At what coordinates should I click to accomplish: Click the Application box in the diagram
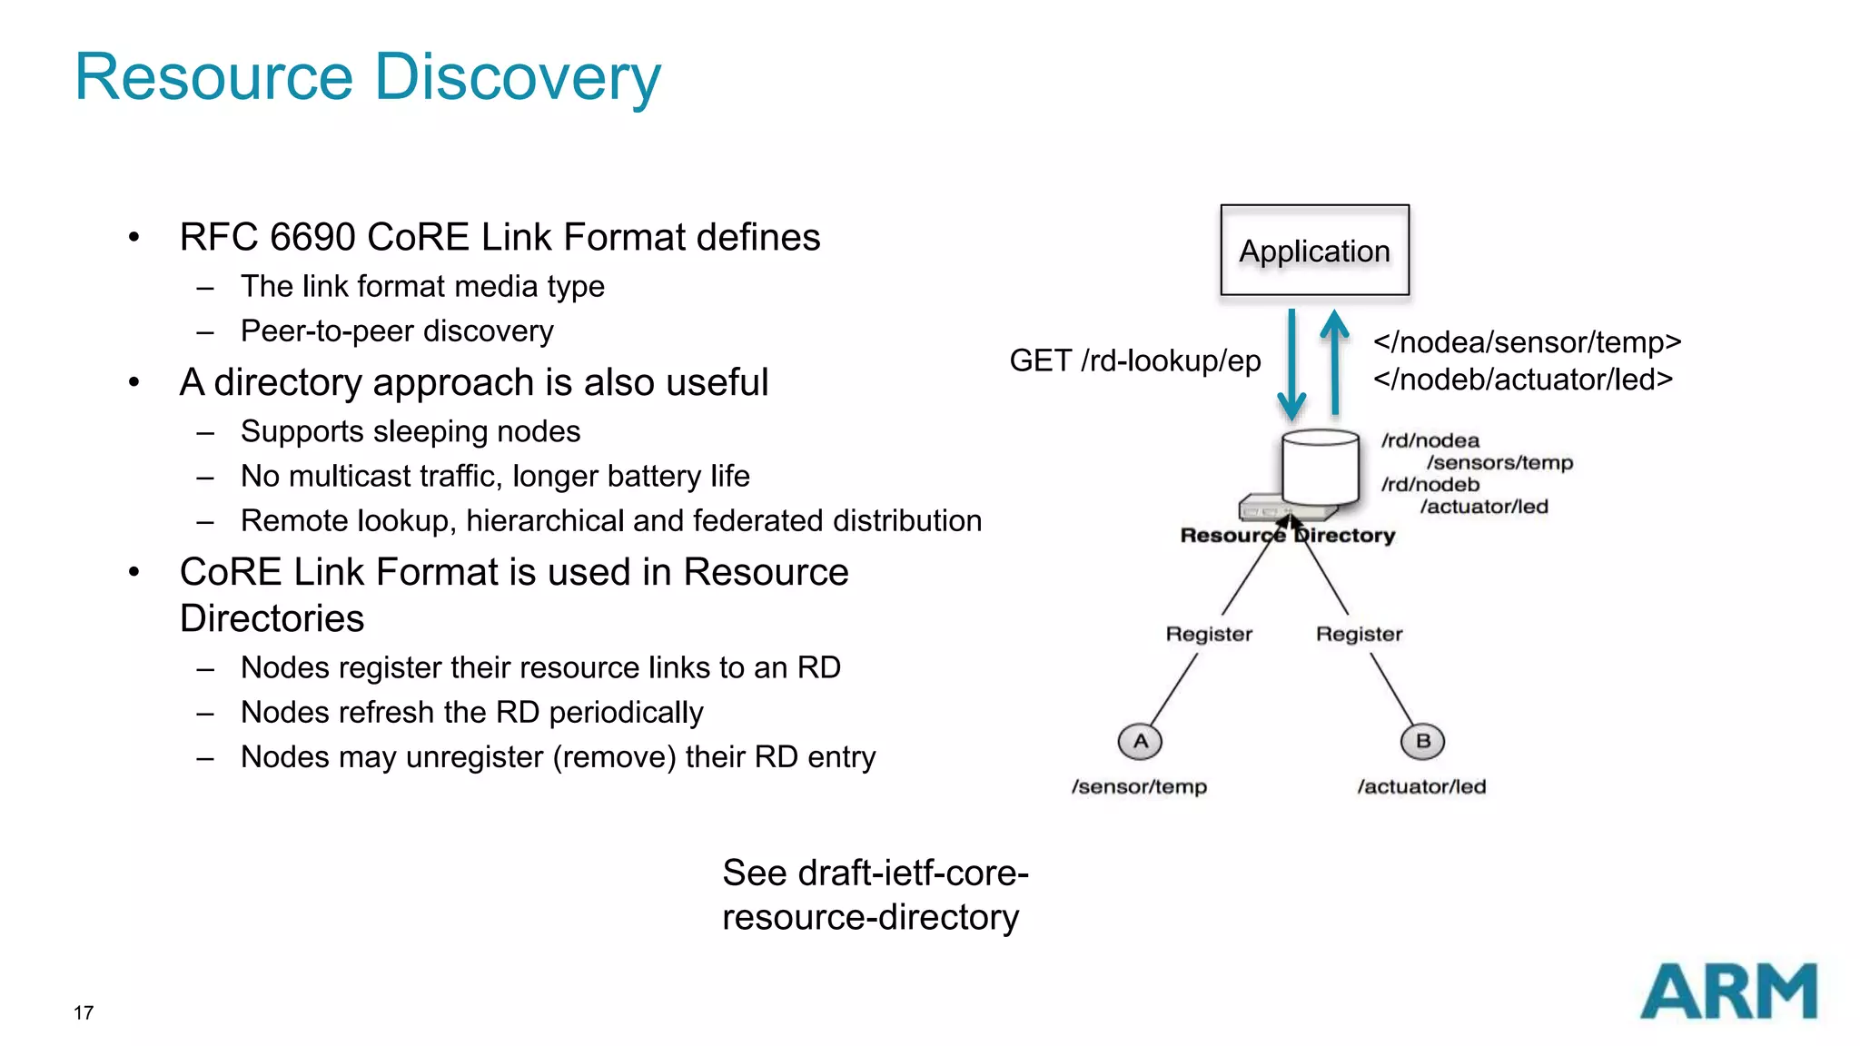[1314, 251]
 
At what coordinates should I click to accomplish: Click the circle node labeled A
[1140, 741]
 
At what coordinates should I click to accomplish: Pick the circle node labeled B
[1422, 741]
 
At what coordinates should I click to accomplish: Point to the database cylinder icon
[1320, 468]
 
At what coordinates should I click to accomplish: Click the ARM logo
[1728, 992]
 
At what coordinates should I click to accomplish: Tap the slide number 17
[84, 1012]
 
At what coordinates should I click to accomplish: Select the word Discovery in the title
[518, 77]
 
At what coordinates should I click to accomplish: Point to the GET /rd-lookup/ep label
[1134, 361]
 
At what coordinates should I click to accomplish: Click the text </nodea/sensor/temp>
[1527, 342]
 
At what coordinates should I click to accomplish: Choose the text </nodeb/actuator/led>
[1522, 380]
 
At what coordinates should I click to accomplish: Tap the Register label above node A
[1209, 634]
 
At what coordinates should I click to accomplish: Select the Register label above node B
[1359, 634]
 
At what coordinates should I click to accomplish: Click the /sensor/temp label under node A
[1139, 786]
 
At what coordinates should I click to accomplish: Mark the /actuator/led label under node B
[1421, 786]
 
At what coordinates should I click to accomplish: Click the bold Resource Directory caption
[1287, 536]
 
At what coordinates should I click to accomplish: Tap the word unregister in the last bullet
[474, 756]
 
